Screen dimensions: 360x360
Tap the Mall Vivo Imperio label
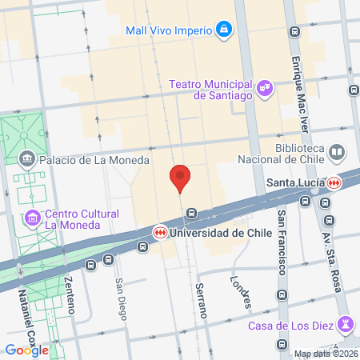[x=169, y=31]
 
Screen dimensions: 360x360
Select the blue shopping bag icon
[x=225, y=31]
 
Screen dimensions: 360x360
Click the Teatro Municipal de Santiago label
[x=211, y=89]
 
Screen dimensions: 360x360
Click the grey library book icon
[x=337, y=152]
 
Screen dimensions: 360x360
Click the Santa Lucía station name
[x=294, y=182]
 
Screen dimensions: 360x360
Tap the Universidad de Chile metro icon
[x=161, y=232]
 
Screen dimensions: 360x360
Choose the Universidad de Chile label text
[x=209, y=233]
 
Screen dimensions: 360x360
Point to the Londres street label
[x=241, y=293]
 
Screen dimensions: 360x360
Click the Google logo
[x=26, y=350]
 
